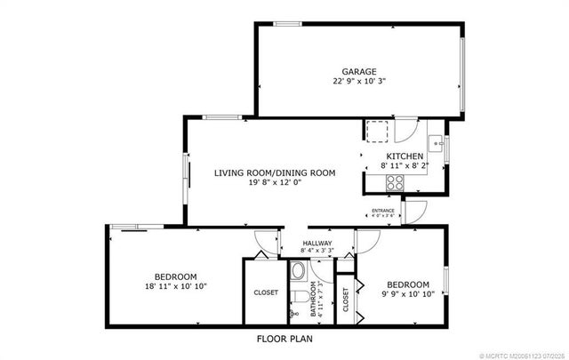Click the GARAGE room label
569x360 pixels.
click(x=359, y=71)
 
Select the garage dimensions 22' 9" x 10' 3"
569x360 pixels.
click(x=359, y=82)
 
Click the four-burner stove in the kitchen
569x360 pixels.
click(x=394, y=182)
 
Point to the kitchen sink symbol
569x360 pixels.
click(x=437, y=142)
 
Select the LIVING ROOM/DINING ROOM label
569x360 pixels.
click(x=274, y=172)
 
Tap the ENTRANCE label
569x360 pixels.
click(x=383, y=210)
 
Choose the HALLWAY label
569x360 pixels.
click(x=317, y=243)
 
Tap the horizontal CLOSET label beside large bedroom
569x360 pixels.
click(x=265, y=292)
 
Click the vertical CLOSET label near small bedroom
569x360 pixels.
click(x=346, y=303)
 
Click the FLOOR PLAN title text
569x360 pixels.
click(x=284, y=339)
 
